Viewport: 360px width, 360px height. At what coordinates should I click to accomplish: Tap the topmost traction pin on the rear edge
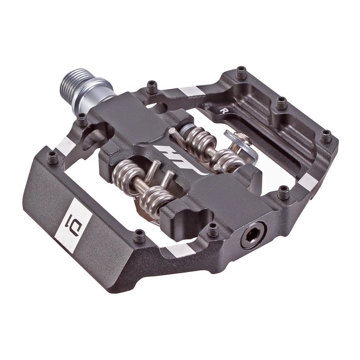click(x=242, y=72)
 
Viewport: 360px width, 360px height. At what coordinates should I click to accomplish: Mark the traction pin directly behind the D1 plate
click(x=139, y=234)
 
